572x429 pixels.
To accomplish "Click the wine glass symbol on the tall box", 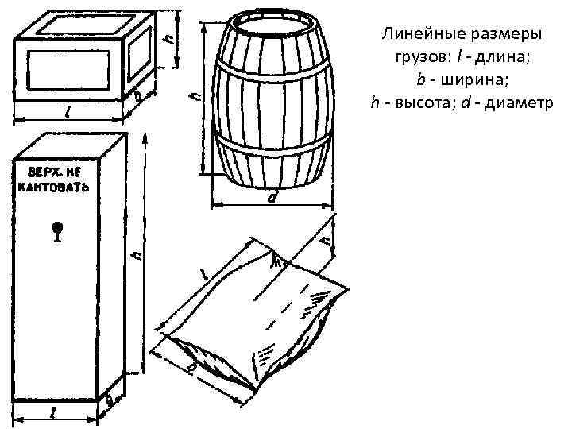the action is pyautogui.click(x=56, y=231).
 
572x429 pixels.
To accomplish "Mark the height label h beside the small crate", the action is pyautogui.click(x=168, y=37).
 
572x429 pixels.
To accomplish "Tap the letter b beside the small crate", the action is pyautogui.click(x=137, y=96).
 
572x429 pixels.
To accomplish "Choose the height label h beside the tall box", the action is pyautogui.click(x=137, y=256).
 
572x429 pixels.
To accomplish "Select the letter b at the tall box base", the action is pyautogui.click(x=110, y=403).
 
